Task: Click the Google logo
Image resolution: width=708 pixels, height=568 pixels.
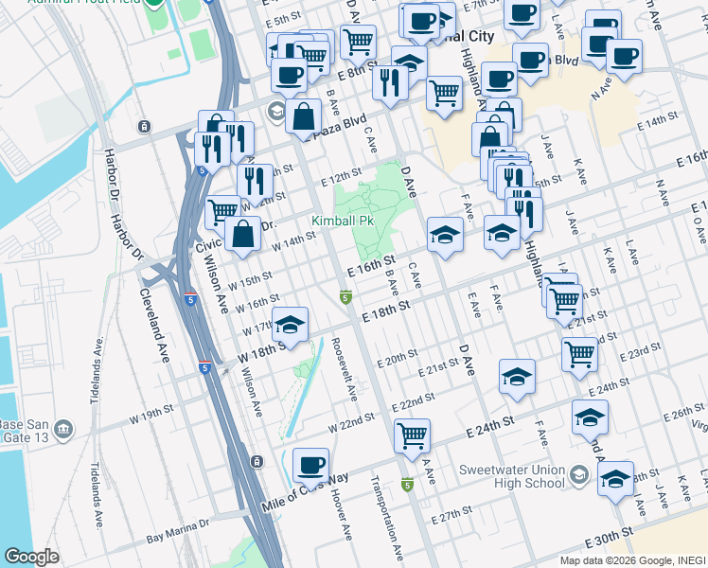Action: (31, 557)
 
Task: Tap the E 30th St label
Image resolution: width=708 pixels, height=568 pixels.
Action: (611, 536)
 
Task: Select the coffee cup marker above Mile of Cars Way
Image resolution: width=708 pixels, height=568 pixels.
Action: (311, 465)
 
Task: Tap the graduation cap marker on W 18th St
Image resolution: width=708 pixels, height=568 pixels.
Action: (291, 325)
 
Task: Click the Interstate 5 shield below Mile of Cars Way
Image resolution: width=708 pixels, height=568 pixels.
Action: (407, 486)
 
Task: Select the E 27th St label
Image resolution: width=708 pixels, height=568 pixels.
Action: (451, 518)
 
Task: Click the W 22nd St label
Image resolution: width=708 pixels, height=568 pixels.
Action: (345, 427)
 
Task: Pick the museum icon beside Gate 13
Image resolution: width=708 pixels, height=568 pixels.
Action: (63, 430)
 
